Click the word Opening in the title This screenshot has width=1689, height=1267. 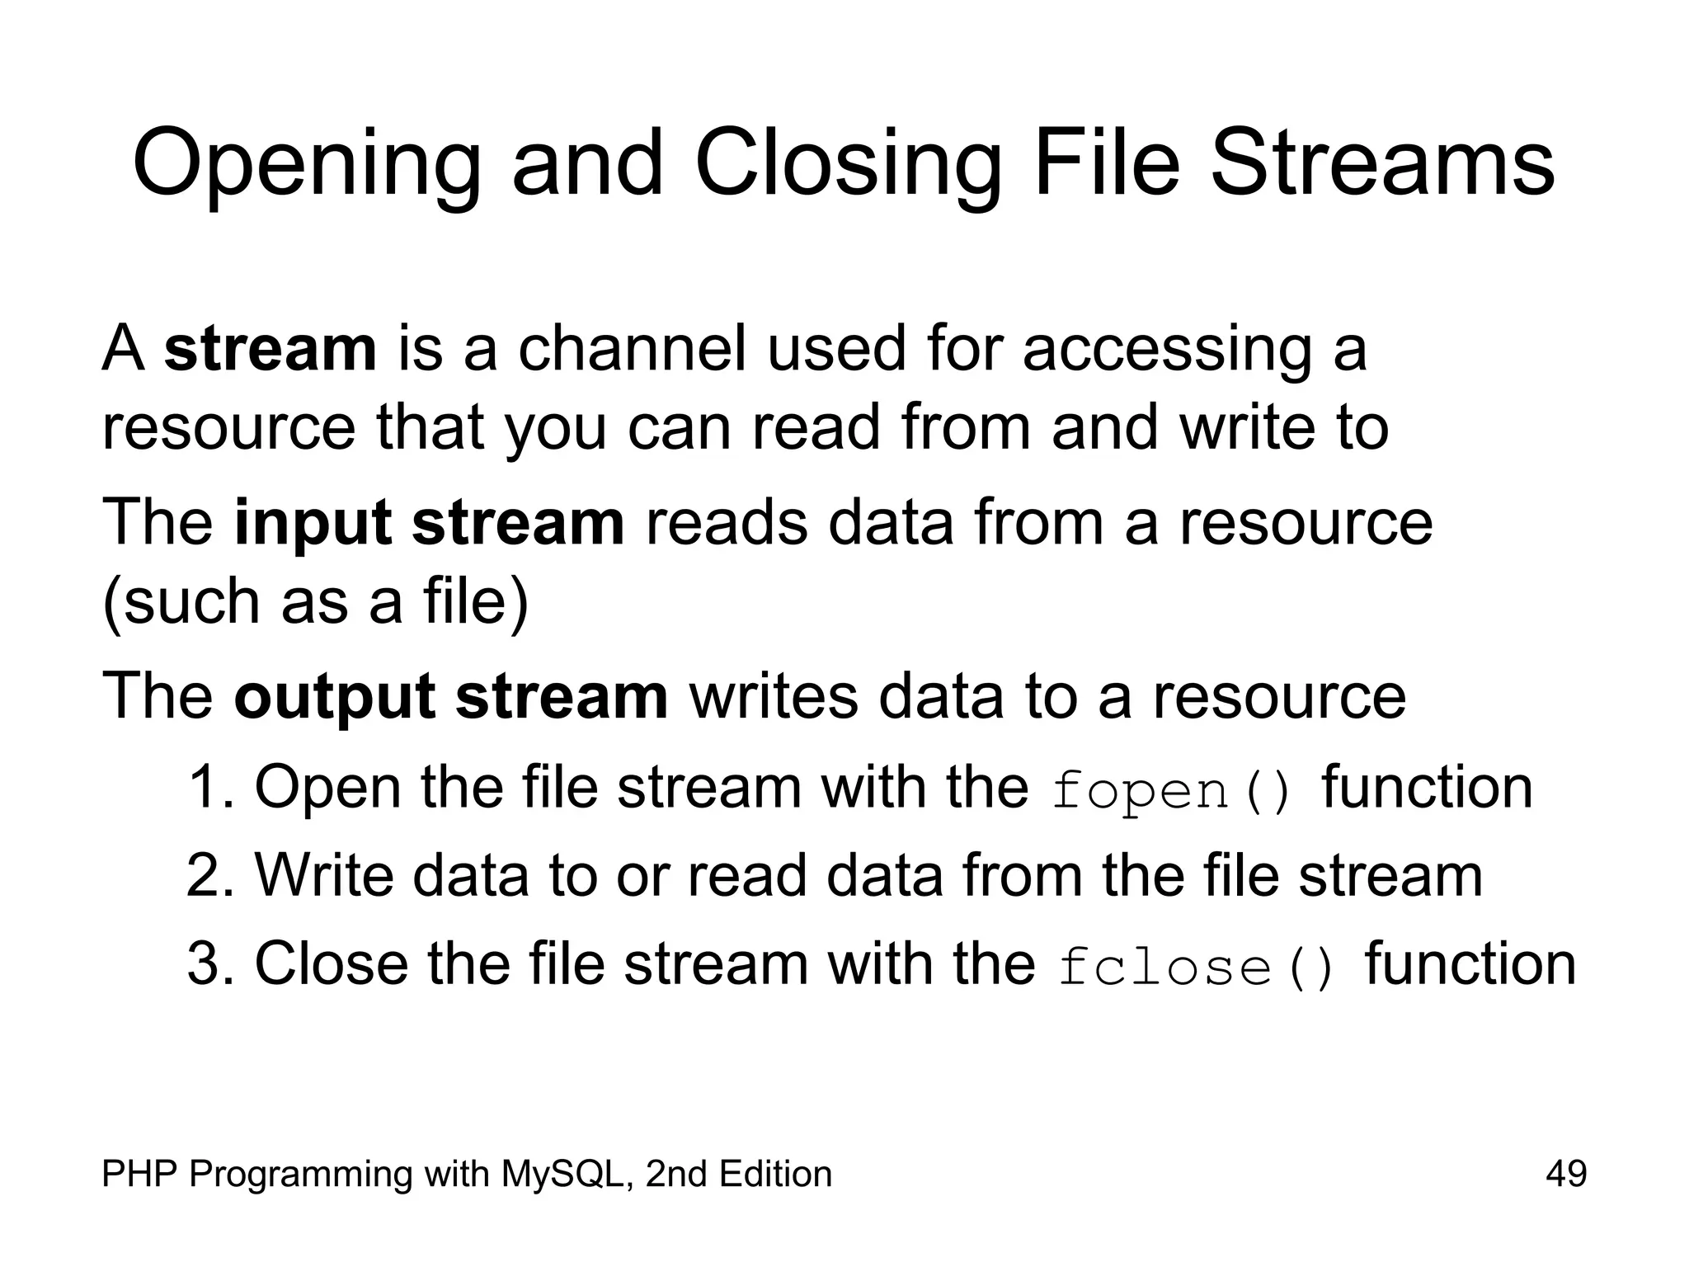306,165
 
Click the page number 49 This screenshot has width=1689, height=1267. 1566,1173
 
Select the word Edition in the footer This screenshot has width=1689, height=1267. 774,1173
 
